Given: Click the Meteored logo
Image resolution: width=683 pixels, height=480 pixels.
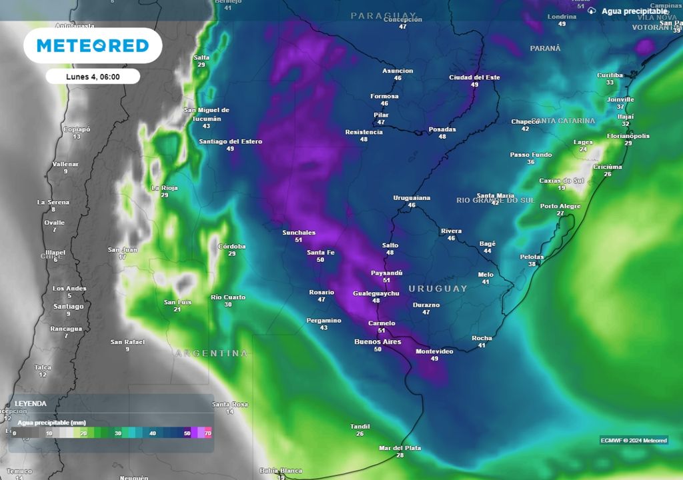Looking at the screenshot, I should pyautogui.click(x=93, y=45).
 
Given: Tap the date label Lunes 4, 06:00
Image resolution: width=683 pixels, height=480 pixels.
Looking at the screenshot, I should pyautogui.click(x=93, y=77).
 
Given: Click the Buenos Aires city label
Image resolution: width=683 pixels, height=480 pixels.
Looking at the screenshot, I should pyautogui.click(x=378, y=342).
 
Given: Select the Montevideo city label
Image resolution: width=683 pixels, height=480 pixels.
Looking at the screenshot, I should pyautogui.click(x=434, y=351).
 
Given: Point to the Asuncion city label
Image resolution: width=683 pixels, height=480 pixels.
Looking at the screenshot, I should pyautogui.click(x=398, y=71).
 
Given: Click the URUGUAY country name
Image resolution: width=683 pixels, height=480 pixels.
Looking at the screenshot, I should pyautogui.click(x=438, y=289).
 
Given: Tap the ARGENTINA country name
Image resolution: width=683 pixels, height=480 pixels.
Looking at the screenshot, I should pyautogui.click(x=211, y=353).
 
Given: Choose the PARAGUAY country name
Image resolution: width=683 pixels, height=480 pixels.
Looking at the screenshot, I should pyautogui.click(x=384, y=15).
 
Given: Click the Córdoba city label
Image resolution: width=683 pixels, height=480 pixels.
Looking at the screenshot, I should pyautogui.click(x=232, y=247).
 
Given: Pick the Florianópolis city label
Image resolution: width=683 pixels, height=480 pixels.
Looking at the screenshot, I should pyautogui.click(x=628, y=136).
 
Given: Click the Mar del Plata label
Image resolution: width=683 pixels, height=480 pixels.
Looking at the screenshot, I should pyautogui.click(x=400, y=448).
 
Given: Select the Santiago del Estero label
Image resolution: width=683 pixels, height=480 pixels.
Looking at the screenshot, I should pyautogui.click(x=230, y=141).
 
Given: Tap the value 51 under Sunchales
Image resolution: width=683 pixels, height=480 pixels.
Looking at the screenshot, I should pyautogui.click(x=299, y=240).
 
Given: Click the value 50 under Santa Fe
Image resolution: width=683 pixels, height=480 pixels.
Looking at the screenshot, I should pyautogui.click(x=320, y=260).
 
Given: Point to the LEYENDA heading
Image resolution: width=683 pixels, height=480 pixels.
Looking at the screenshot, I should pyautogui.click(x=31, y=403).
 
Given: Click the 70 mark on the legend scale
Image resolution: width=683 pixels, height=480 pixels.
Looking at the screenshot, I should pyautogui.click(x=208, y=433).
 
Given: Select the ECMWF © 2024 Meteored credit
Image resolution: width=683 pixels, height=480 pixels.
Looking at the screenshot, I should pyautogui.click(x=633, y=440).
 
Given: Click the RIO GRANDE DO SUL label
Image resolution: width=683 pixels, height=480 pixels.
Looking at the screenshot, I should pyautogui.click(x=496, y=200).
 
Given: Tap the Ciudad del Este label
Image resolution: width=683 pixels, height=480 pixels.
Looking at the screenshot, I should pyautogui.click(x=474, y=77).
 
